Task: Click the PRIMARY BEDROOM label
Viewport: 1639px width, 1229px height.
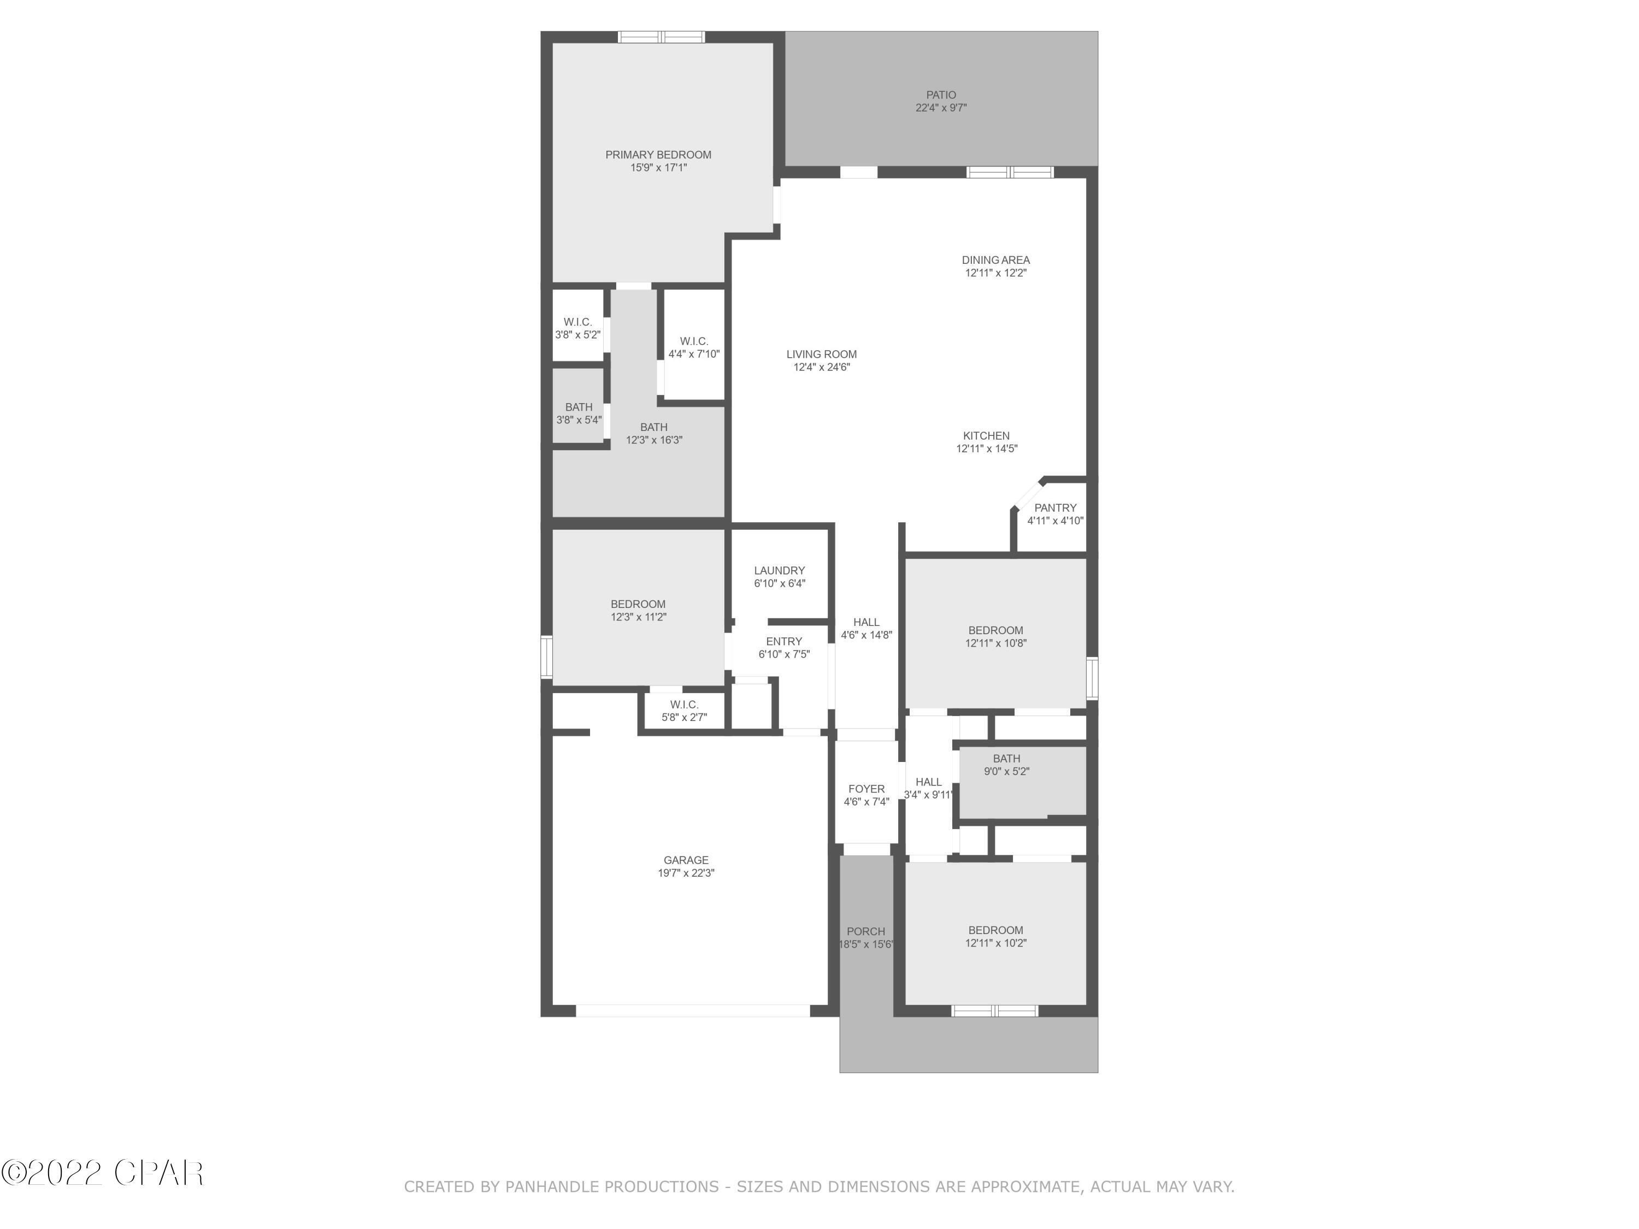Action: (x=658, y=155)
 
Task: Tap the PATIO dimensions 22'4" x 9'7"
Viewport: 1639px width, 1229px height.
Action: (x=941, y=108)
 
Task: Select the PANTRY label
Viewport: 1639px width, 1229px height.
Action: (x=1055, y=508)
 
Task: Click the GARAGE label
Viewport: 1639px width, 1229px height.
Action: (x=686, y=860)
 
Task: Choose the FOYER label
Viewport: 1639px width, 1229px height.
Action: (x=866, y=789)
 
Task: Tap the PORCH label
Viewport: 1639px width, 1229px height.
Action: (x=865, y=932)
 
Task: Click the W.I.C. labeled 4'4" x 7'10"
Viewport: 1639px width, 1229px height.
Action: (x=693, y=347)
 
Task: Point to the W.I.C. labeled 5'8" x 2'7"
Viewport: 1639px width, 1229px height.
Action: (x=684, y=711)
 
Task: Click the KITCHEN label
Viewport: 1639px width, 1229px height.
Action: (x=986, y=435)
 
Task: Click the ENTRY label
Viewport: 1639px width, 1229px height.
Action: (x=784, y=642)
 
